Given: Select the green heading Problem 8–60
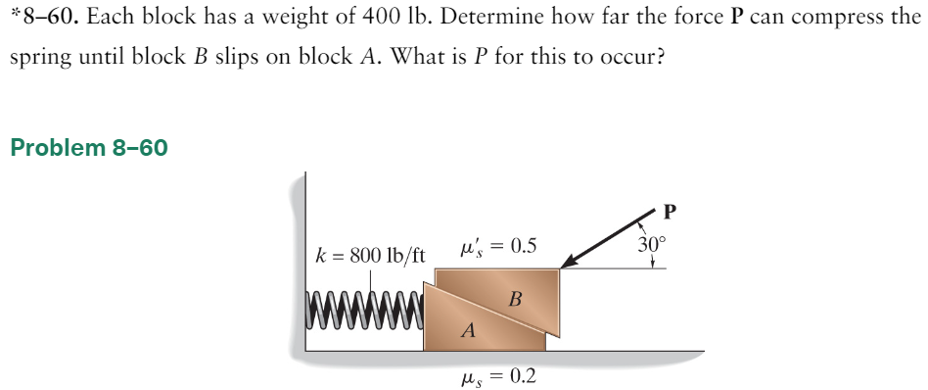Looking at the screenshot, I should point(88,148).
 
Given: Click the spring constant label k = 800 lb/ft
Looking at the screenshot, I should point(370,256).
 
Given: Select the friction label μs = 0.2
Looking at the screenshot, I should point(496,376).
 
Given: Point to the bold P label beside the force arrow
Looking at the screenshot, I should point(670,210).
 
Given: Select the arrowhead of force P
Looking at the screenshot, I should point(571,262).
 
